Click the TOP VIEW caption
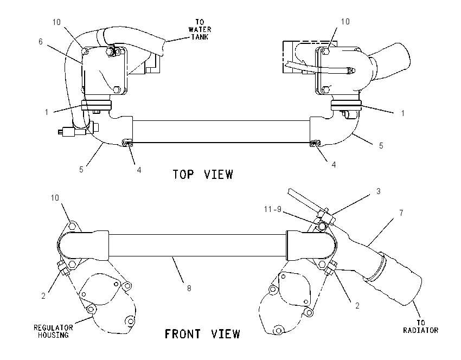click(x=203, y=174)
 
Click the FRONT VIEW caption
click(x=202, y=334)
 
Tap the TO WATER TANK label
click(x=200, y=29)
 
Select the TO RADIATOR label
click(x=420, y=326)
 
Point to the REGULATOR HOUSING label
click(x=53, y=331)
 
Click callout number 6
click(x=41, y=42)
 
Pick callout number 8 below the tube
click(x=189, y=288)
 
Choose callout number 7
click(x=401, y=213)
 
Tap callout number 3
click(x=379, y=191)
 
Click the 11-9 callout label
click(x=273, y=209)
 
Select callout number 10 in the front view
click(x=55, y=198)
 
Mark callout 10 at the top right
click(x=345, y=22)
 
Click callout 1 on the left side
click(x=47, y=112)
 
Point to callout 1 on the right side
click(x=403, y=113)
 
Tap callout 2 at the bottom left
click(x=43, y=296)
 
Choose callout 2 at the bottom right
click(x=357, y=306)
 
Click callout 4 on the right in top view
click(x=334, y=165)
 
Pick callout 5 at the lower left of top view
click(x=81, y=170)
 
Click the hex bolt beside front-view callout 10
click(x=72, y=227)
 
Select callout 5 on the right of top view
click(x=381, y=146)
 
